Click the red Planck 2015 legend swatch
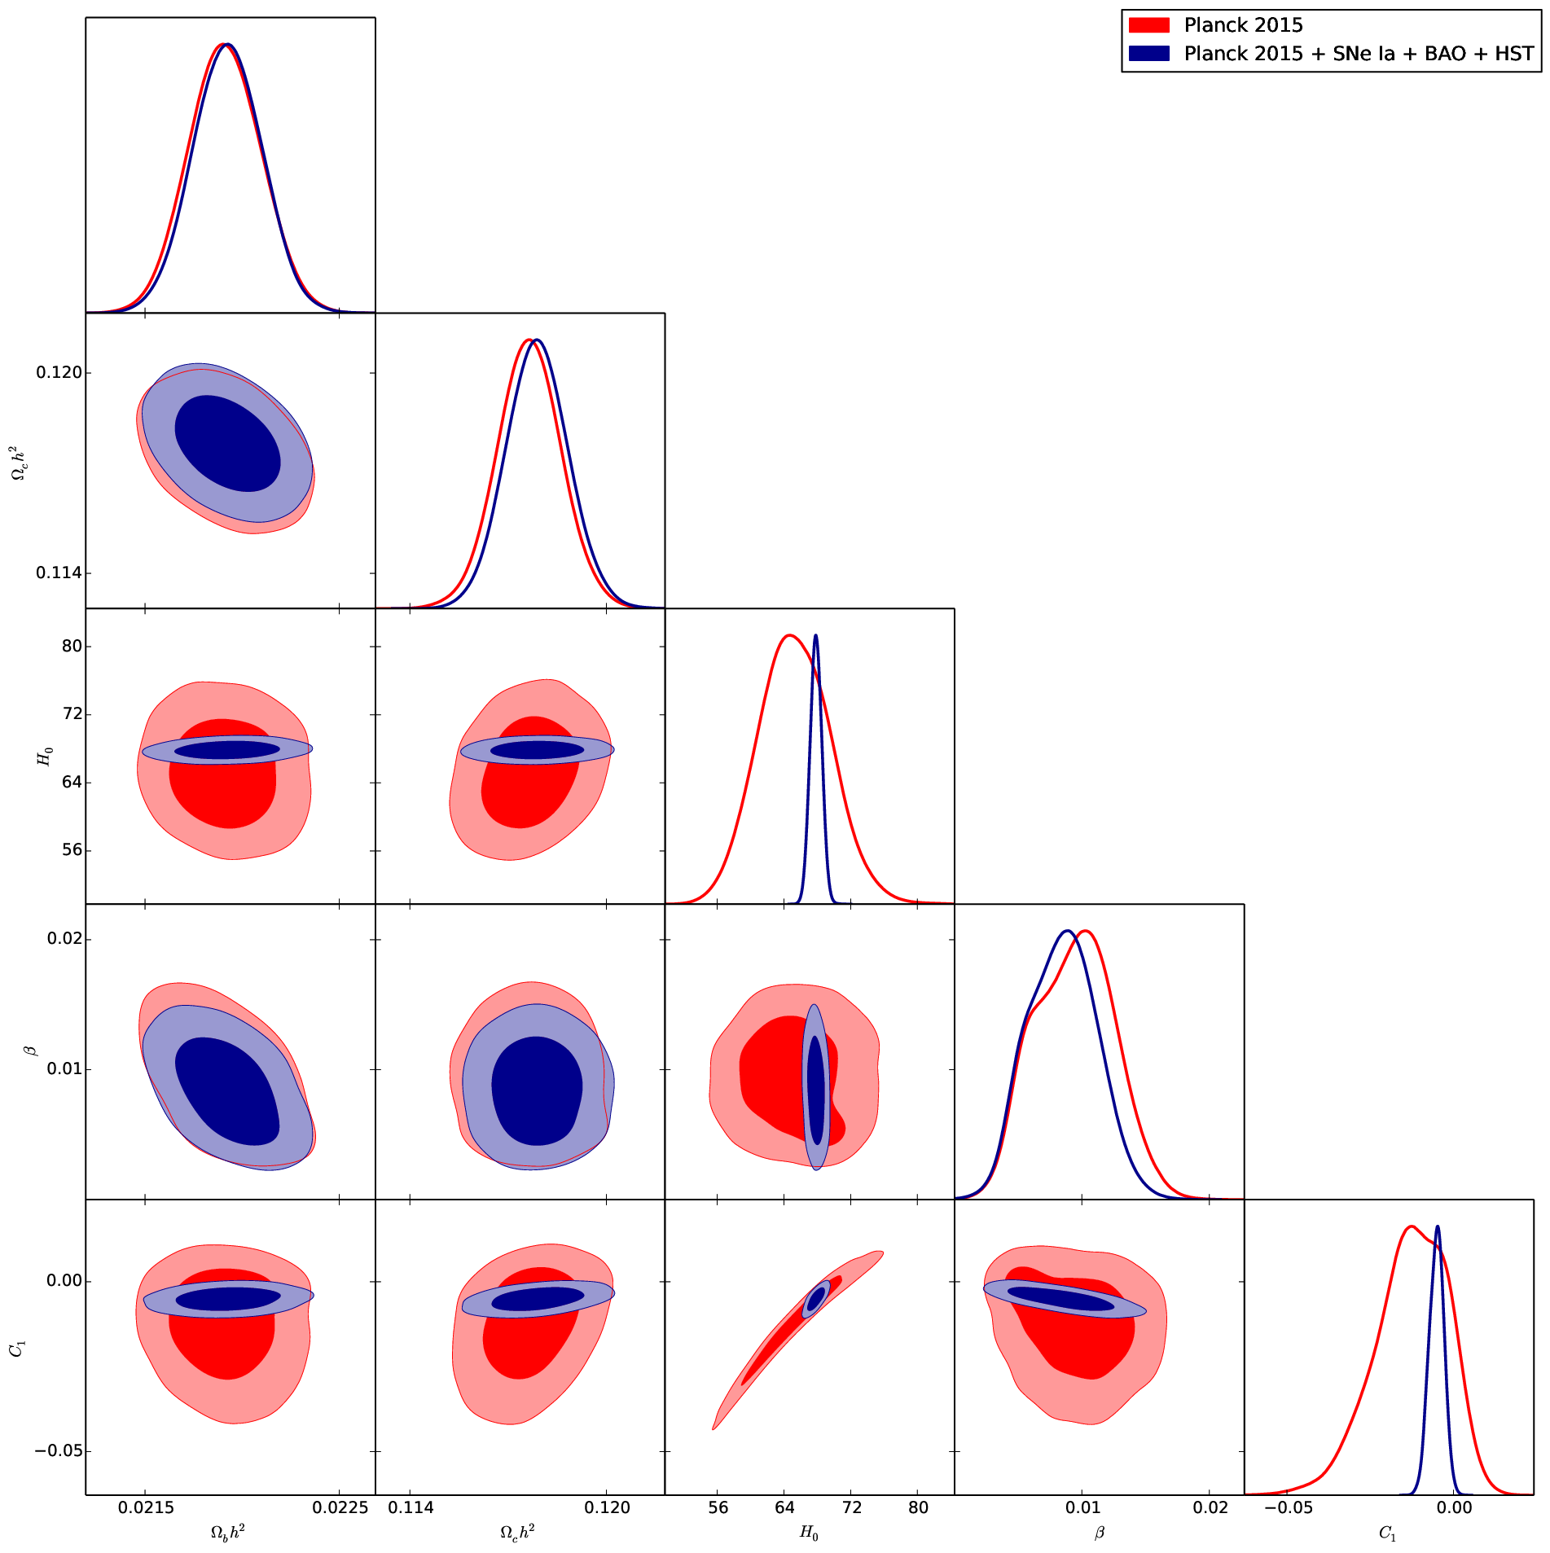point(1148,25)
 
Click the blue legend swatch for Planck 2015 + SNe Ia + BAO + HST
point(1148,54)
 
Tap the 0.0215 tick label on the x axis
point(146,1507)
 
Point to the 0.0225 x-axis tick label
point(340,1507)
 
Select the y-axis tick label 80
point(72,647)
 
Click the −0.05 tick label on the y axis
point(58,1451)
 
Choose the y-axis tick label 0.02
point(64,939)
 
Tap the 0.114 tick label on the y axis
point(59,573)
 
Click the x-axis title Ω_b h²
point(228,1533)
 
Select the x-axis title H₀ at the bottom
point(809,1533)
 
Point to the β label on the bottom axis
point(1100,1533)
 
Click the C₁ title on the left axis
point(17,1349)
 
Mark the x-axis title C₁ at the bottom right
point(1388,1533)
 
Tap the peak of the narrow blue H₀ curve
point(815,635)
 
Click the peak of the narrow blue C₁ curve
point(1437,1226)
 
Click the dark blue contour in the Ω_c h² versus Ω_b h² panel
point(228,444)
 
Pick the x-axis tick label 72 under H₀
point(851,1507)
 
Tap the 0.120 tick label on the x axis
point(607,1507)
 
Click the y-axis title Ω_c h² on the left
point(17,462)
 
